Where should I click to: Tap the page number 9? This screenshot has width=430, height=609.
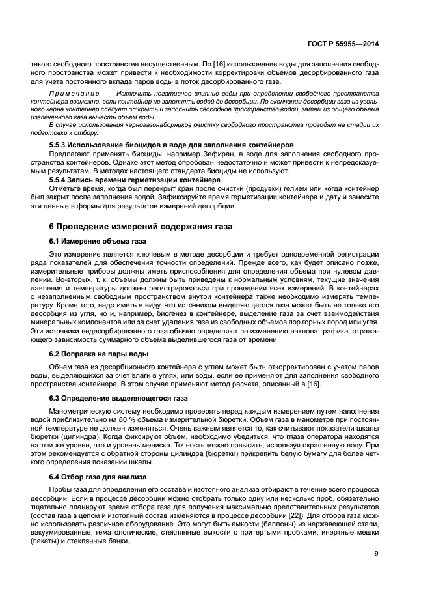(377, 554)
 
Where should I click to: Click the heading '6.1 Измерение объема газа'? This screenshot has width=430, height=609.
(98, 242)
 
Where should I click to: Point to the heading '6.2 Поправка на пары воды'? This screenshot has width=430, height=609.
(97, 353)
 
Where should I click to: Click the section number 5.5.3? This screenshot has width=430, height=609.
(61, 143)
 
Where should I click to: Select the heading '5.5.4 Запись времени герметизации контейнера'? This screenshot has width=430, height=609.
(135, 179)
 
